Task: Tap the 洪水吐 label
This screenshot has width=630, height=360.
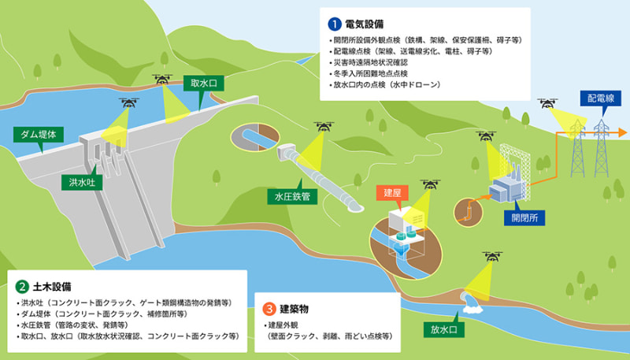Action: pos(80,181)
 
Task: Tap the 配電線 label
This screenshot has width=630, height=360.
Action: pos(600,98)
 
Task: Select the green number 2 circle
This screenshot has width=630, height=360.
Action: pos(22,285)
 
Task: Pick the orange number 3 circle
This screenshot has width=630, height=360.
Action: pos(269,309)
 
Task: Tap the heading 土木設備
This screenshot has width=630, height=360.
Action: pos(51,285)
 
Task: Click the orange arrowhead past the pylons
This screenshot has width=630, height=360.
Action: pos(622,132)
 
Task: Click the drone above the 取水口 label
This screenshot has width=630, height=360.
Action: pos(163,79)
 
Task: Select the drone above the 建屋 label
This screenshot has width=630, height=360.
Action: pos(431,184)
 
